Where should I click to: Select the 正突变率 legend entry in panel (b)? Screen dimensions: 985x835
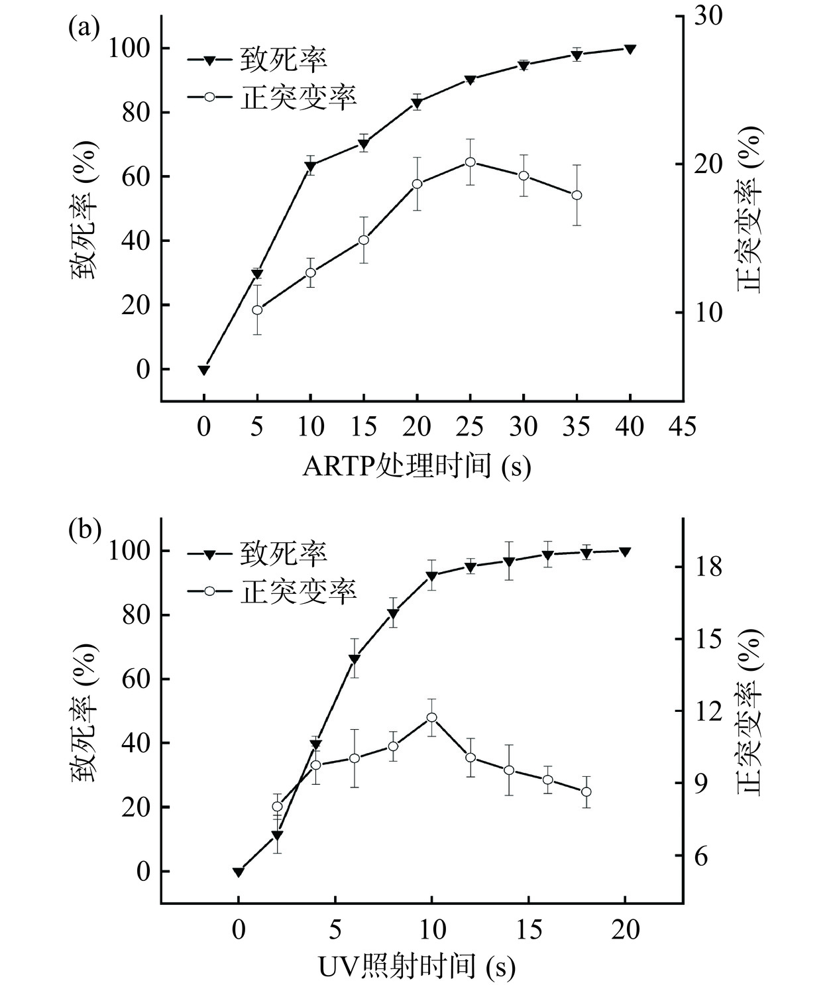click(x=272, y=591)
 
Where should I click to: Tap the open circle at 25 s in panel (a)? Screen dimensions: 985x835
click(x=470, y=162)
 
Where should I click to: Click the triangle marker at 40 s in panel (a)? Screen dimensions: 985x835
click(x=630, y=49)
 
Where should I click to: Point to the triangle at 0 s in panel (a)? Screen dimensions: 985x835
click(x=204, y=370)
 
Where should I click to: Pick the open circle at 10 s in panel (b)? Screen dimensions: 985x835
click(x=431, y=717)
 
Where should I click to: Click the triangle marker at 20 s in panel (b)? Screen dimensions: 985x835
click(x=625, y=551)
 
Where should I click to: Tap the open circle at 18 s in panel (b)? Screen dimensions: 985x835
click(x=586, y=791)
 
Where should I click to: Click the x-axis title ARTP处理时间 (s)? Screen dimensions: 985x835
click(x=417, y=467)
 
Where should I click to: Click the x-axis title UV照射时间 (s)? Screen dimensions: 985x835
click(x=417, y=968)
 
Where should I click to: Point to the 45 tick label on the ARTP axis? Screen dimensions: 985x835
click(x=683, y=427)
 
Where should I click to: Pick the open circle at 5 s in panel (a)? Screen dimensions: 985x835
click(x=257, y=310)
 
